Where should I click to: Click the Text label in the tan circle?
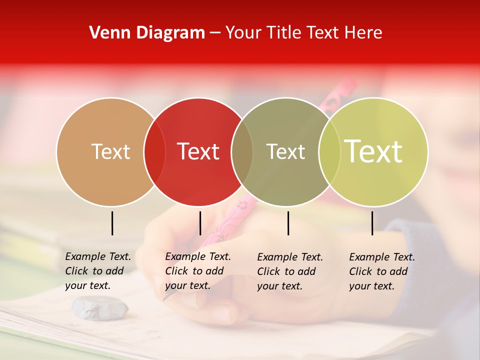pos(110,151)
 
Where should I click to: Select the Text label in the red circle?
pos(198,151)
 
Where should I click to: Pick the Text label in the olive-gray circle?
pos(285,151)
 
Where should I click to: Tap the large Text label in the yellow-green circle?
pos(373,151)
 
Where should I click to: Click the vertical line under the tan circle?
pos(112,223)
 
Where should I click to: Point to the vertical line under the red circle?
pos(200,223)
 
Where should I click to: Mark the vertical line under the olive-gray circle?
pos(288,223)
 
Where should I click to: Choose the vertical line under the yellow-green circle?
pos(372,223)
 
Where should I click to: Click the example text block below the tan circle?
pos(97,271)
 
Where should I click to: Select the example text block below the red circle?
pos(197,271)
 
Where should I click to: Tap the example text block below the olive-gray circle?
pos(289,271)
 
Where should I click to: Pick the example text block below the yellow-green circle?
pos(381,271)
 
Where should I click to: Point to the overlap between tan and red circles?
pos(154,151)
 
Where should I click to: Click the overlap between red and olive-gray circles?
pos(242,151)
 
